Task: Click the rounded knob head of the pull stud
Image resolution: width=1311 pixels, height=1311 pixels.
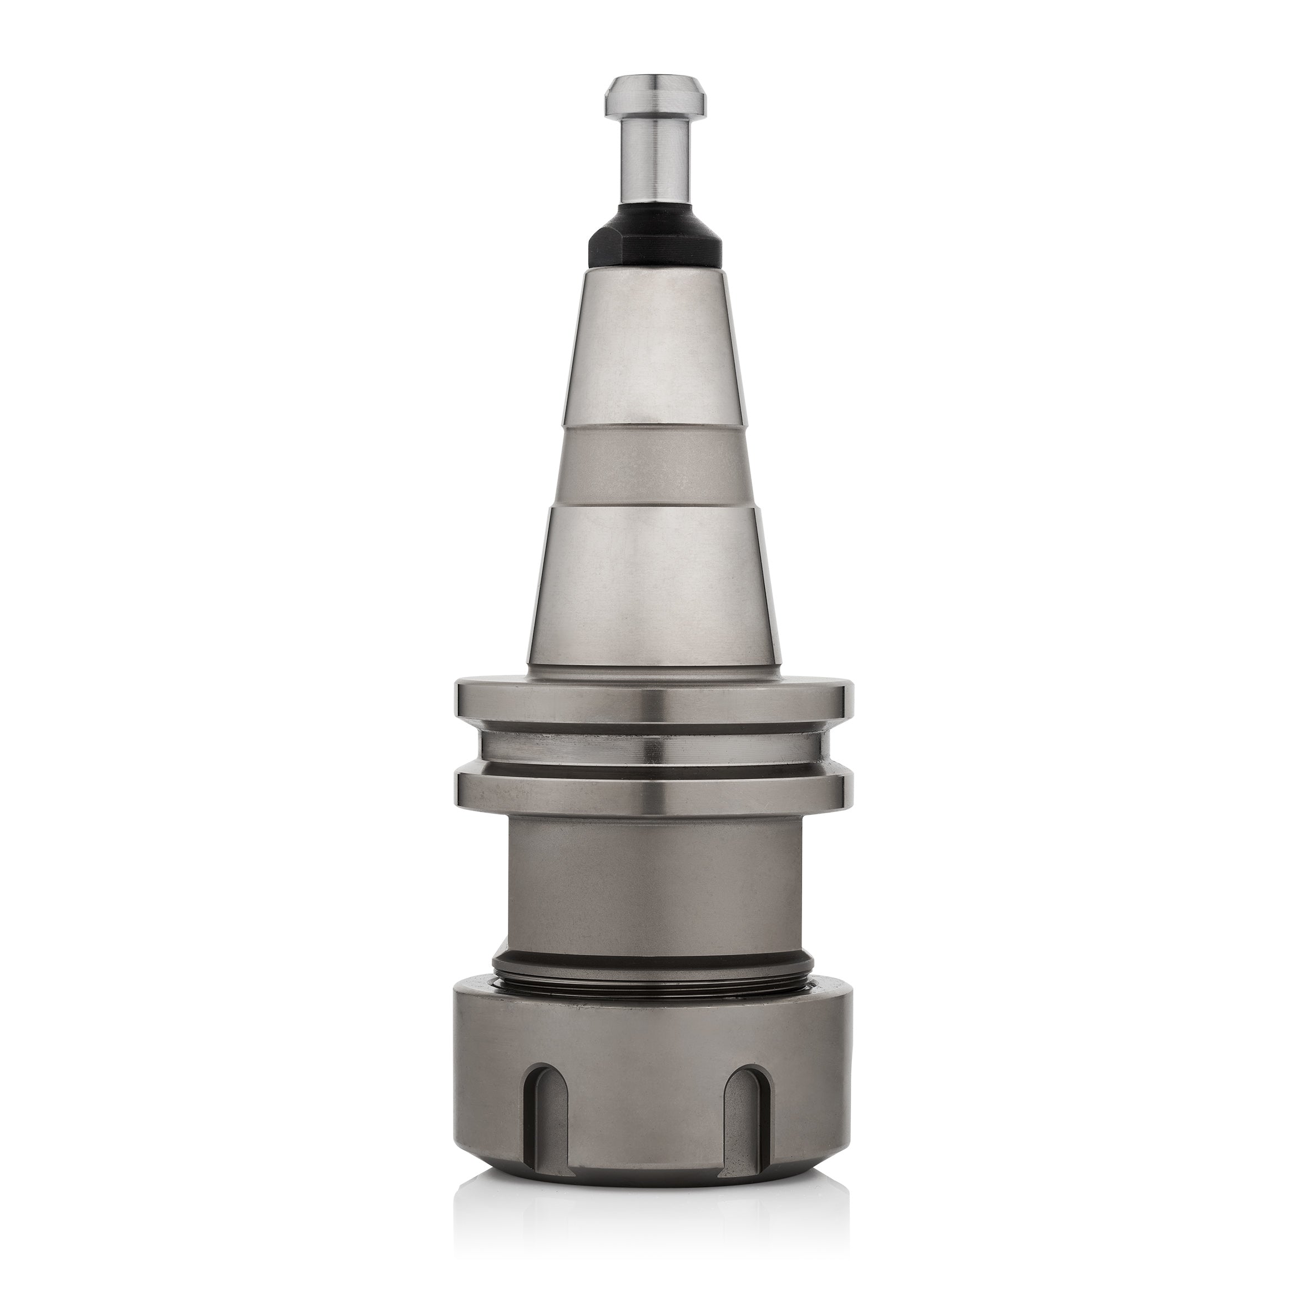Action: coord(655,94)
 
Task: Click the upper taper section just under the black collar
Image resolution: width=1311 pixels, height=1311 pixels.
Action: coord(655,346)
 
